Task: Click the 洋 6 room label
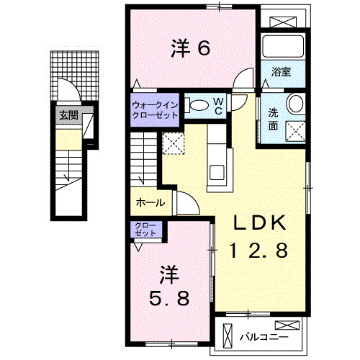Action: (x=190, y=48)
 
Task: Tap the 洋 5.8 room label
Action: (x=170, y=286)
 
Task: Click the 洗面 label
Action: (x=274, y=118)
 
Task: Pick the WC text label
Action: (x=217, y=105)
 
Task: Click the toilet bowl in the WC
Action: (x=197, y=105)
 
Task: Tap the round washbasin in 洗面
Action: (x=297, y=104)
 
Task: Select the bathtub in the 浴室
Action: (x=282, y=48)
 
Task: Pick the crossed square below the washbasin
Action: (x=296, y=130)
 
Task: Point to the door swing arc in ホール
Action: (x=184, y=203)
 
